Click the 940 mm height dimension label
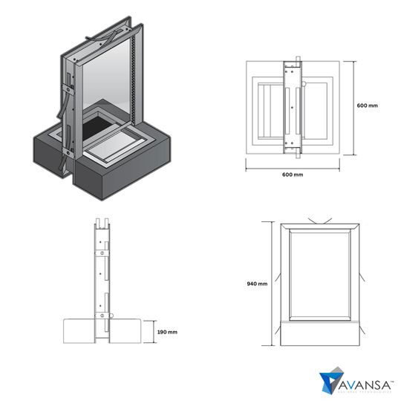[256, 284]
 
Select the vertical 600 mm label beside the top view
[367, 106]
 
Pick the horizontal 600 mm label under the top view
[292, 175]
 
